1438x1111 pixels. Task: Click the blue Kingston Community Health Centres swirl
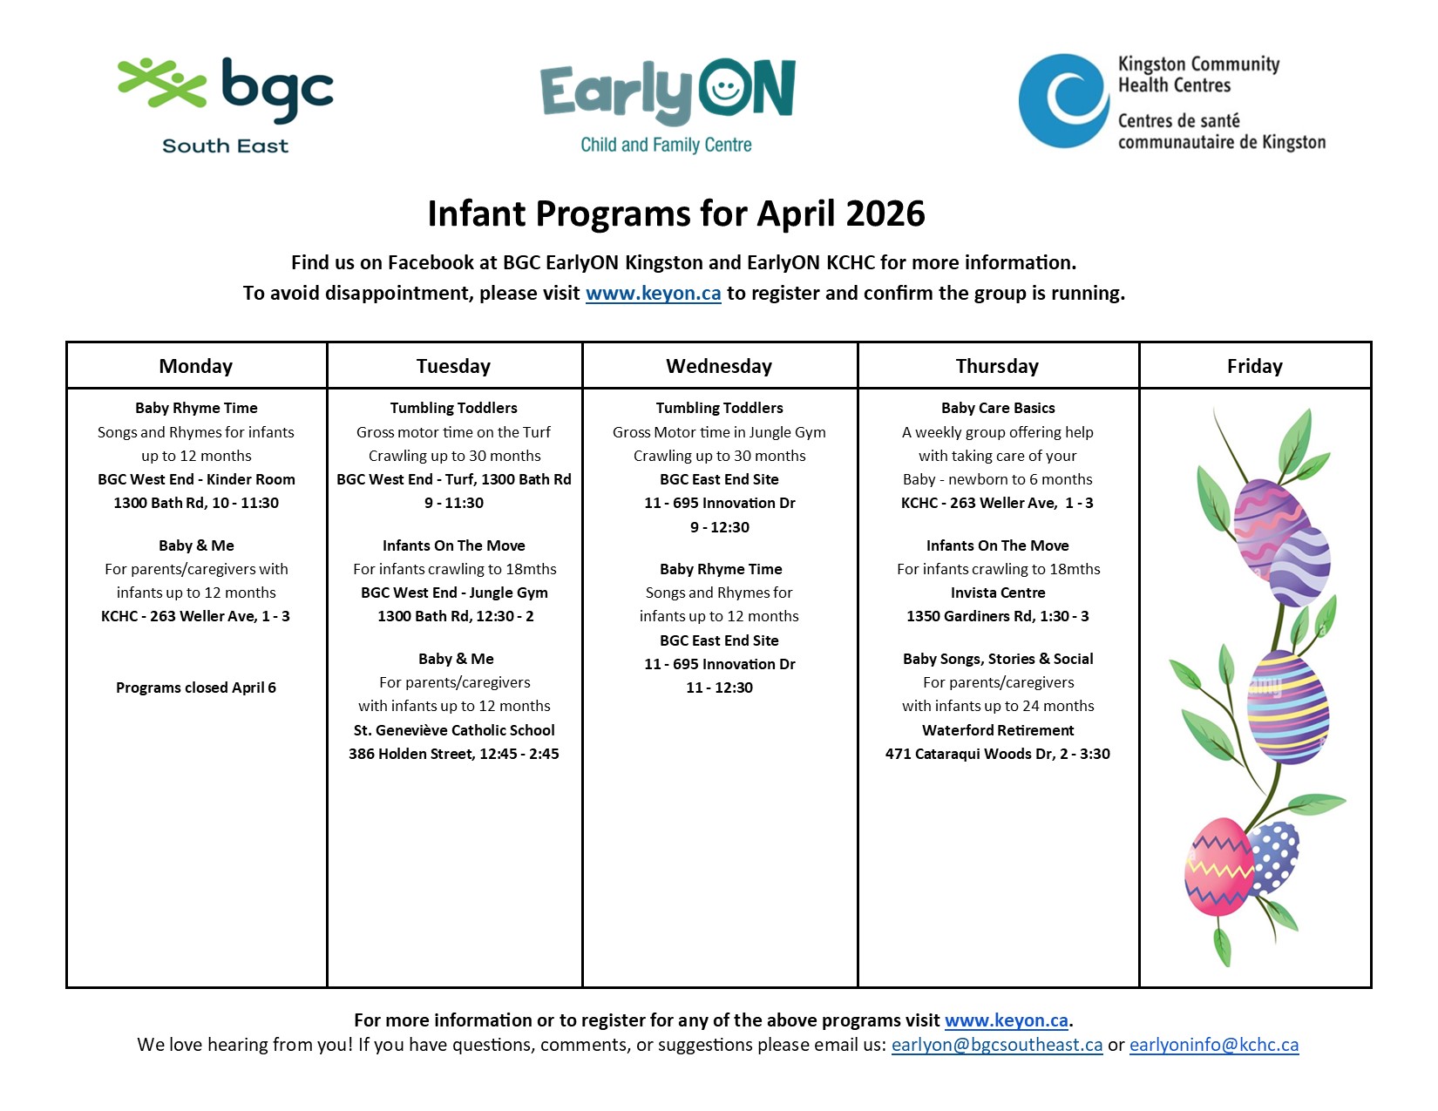click(x=1064, y=100)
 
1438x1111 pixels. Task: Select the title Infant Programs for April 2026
click(x=675, y=214)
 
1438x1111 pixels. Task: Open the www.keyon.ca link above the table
click(x=653, y=294)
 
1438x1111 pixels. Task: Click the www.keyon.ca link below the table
click(x=1007, y=1020)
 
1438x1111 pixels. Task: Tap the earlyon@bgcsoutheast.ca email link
click(x=996, y=1045)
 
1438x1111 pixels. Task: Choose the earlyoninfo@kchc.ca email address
click(x=1213, y=1045)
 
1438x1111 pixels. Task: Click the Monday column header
click(x=196, y=366)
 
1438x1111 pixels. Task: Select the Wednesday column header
click(x=719, y=366)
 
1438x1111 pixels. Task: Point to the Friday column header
click(x=1254, y=366)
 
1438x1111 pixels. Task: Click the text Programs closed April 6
click(x=196, y=688)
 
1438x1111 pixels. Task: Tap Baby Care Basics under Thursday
click(x=998, y=408)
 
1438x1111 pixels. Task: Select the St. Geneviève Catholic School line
click(x=454, y=730)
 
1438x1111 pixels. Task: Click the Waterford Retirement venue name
click(x=998, y=730)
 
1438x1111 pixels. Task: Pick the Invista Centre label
click(x=998, y=593)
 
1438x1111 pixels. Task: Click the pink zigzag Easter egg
click(x=1218, y=868)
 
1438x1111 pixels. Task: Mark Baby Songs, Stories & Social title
click(x=998, y=659)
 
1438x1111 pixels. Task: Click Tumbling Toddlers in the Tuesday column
click(x=454, y=408)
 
